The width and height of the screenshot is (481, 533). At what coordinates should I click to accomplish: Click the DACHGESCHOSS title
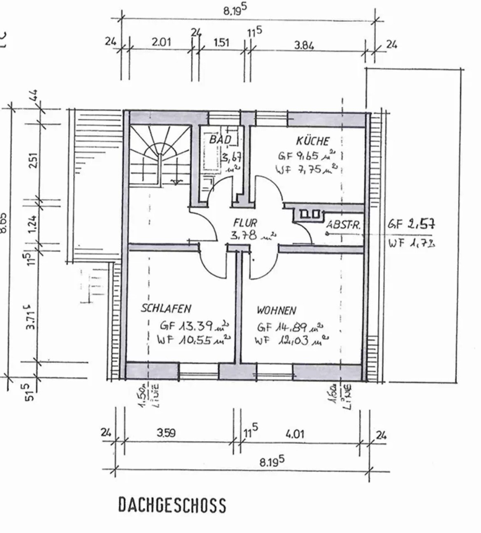point(172,505)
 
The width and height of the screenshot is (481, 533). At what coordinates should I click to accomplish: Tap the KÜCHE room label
point(313,141)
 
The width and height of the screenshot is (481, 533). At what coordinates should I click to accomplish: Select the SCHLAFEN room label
point(166,308)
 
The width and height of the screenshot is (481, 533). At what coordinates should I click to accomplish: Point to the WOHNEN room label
point(276,310)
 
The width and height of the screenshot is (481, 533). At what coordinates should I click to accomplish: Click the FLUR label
point(245,223)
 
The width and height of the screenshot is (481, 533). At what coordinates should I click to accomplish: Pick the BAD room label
point(220,139)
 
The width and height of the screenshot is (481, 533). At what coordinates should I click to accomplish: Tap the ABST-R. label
point(344,225)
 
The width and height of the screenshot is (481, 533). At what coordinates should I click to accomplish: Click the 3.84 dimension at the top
point(304,45)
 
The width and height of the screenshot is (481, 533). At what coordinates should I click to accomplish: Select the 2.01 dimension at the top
point(162,42)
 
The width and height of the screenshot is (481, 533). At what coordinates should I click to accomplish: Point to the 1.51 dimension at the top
point(221,42)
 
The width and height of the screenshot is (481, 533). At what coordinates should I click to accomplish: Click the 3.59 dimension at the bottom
point(166,433)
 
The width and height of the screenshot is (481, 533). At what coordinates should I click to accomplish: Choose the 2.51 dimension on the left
point(33,160)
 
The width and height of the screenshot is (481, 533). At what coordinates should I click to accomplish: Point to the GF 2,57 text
point(411,224)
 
